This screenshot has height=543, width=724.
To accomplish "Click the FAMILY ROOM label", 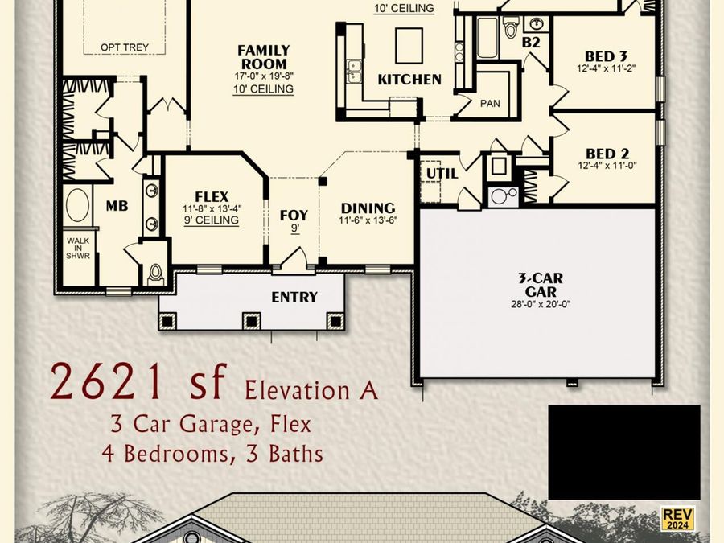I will coord(263,57).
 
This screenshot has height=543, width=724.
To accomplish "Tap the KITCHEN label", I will coord(409,79).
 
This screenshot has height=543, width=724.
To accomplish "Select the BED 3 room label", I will coord(606,56).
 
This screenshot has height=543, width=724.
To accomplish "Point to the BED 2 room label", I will coord(607,154).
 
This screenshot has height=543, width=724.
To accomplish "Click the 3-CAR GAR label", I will coord(540,284).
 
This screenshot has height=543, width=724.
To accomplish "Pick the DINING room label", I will coord(368,208).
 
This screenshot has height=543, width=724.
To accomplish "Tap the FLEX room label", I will coord(212,196).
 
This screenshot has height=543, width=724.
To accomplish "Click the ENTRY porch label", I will coord(294,297).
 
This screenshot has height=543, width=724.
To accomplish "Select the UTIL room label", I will coord(442,173).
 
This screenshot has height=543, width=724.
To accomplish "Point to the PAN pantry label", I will coord(490,104).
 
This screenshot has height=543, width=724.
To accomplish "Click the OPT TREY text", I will coord(124,47).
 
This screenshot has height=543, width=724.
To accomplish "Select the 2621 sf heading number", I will coord(138,382).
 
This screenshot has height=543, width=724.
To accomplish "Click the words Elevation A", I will coord(310,391).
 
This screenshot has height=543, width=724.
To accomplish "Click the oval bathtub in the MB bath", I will coord(78,205).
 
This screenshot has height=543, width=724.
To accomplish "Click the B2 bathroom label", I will coord(531,42).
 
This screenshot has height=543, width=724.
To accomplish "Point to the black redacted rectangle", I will coord(623,452).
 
